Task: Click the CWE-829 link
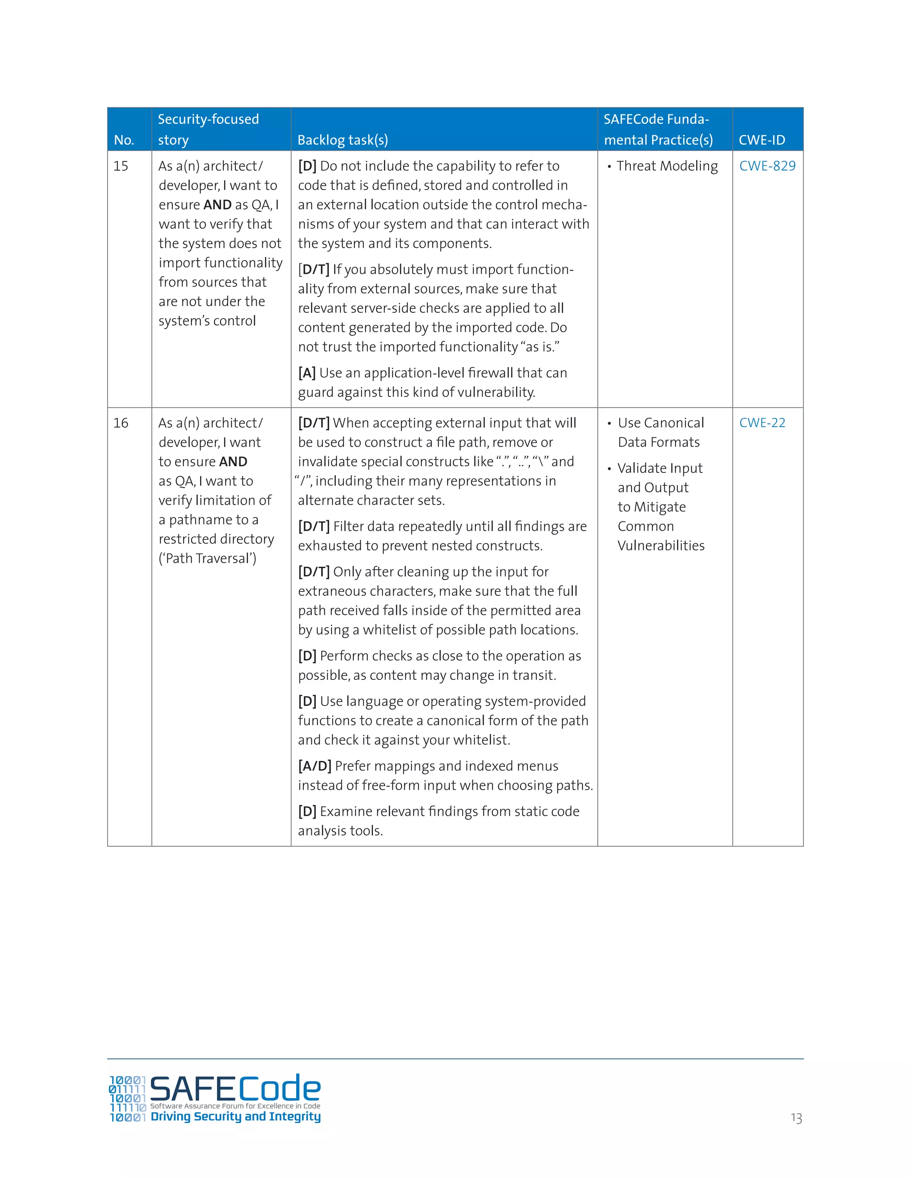pos(767,166)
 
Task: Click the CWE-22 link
pos(762,423)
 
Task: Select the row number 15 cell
pos(121,166)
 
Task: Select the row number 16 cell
pos(121,423)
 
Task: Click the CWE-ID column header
pos(762,140)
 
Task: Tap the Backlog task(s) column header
pos(343,140)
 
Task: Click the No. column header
pos(124,140)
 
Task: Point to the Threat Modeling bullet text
pos(667,166)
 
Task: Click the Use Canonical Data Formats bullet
pos(661,432)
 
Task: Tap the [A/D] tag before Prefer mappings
pos(314,766)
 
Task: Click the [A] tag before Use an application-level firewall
pos(306,373)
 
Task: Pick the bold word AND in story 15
pos(218,205)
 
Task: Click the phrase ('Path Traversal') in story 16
pos(207,558)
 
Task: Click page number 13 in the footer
pos(796,1118)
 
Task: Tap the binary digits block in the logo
pos(127,1098)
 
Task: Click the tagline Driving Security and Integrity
pos(235,1116)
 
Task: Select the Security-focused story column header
pos(208,129)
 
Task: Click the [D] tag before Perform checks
pos(307,656)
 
